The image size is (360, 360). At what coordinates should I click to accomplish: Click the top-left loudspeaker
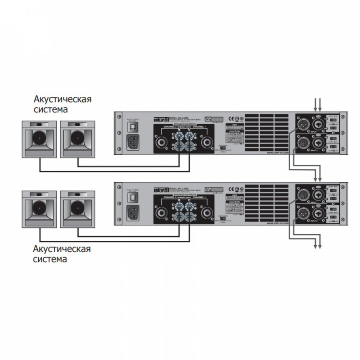pos(40,138)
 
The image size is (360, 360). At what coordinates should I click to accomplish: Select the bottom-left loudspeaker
pos(40,208)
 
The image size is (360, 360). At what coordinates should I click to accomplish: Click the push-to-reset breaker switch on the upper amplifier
pos(133,127)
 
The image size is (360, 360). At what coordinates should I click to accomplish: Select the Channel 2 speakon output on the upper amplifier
pos(161,143)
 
